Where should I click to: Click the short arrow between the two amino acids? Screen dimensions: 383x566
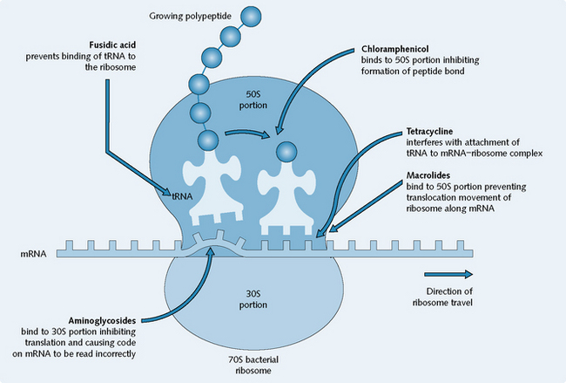pos(243,133)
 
